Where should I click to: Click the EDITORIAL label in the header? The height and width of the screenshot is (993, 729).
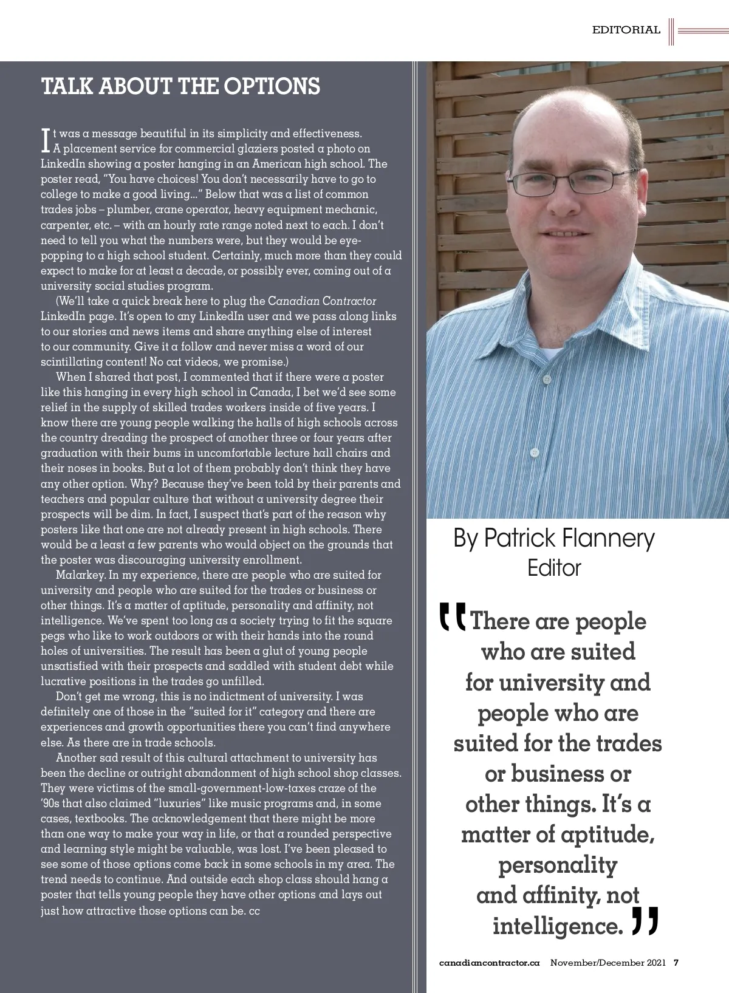click(x=626, y=30)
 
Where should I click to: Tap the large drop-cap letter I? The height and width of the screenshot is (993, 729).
click(x=46, y=140)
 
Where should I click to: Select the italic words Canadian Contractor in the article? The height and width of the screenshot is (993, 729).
click(x=322, y=301)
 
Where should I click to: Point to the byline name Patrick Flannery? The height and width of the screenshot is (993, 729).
click(x=569, y=538)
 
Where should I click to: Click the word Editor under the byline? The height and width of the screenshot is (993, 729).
click(x=554, y=568)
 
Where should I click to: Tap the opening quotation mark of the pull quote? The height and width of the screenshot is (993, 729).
click(x=453, y=616)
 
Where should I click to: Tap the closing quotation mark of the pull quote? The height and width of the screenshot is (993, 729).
click(x=645, y=921)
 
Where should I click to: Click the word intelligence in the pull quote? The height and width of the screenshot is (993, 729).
click(x=558, y=926)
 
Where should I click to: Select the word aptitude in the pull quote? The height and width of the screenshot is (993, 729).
click(x=607, y=834)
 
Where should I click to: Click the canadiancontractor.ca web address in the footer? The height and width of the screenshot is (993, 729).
click(x=489, y=963)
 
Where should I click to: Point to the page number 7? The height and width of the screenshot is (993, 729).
click(x=676, y=963)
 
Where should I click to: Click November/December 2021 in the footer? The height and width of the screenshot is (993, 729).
click(x=608, y=963)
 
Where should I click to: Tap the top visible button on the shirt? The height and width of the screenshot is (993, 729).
click(x=547, y=379)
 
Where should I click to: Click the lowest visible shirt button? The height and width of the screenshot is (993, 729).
click(x=535, y=452)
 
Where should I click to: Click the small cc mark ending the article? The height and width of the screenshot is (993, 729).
click(x=254, y=911)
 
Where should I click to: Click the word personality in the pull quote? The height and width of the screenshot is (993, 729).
click(x=558, y=865)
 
